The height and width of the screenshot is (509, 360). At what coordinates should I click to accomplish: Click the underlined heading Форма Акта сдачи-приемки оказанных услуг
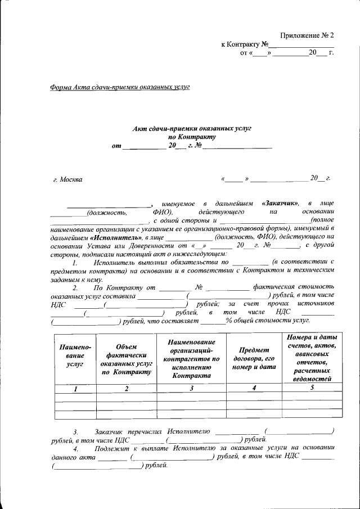tap(120, 87)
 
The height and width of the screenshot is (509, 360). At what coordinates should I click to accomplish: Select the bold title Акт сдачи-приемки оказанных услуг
tap(191, 128)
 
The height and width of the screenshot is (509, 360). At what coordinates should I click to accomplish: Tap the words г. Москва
tap(67, 179)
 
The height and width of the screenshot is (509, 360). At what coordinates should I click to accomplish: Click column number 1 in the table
tap(75, 389)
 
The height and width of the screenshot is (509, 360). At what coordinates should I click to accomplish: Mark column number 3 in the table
tap(191, 389)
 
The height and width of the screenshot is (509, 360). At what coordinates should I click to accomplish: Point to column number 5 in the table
tap(313, 388)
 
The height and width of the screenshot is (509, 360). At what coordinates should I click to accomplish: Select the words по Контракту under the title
tap(191, 137)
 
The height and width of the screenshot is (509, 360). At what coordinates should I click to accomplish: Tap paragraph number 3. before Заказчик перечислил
tap(76, 431)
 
